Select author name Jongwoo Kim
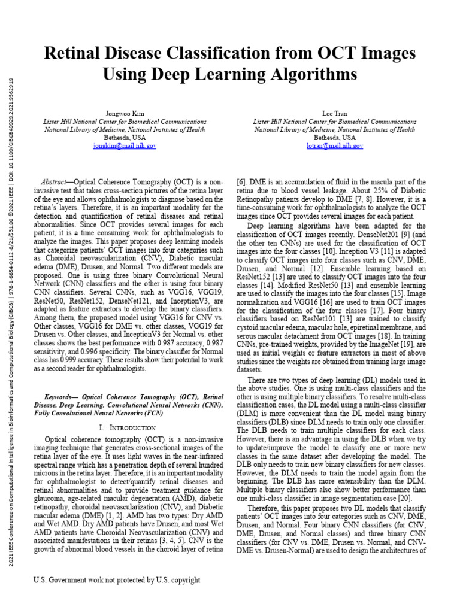coord(125,113)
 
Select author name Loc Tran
coord(334,113)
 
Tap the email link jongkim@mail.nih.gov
coord(125,145)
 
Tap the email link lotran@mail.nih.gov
coord(334,145)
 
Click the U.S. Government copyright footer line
coord(117,580)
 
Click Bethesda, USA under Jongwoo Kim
coord(125,137)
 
